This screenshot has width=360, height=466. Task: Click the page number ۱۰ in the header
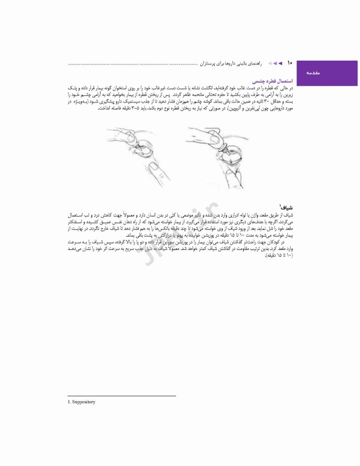pyautogui.click(x=290, y=62)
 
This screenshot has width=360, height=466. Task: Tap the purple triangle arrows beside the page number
pyautogui.click(x=277, y=62)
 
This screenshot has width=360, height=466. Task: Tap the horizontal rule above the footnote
pyautogui.click(x=121, y=396)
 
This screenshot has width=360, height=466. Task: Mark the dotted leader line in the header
pyautogui.click(x=134, y=64)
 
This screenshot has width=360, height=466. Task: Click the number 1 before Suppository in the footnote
pyautogui.click(x=69, y=402)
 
